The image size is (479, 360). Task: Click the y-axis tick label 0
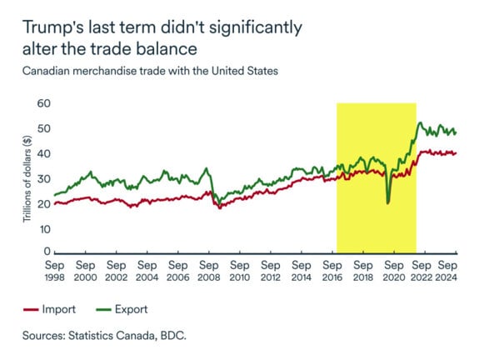[x=45, y=252]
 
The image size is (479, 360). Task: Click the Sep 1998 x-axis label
[x=55, y=270]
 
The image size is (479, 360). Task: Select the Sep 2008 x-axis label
[x=209, y=270]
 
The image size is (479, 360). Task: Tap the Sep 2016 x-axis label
[x=332, y=270]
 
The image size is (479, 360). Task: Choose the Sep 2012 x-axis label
[x=271, y=270]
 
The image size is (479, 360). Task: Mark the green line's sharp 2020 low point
[x=388, y=202]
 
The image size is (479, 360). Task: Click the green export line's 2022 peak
[x=421, y=123]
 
